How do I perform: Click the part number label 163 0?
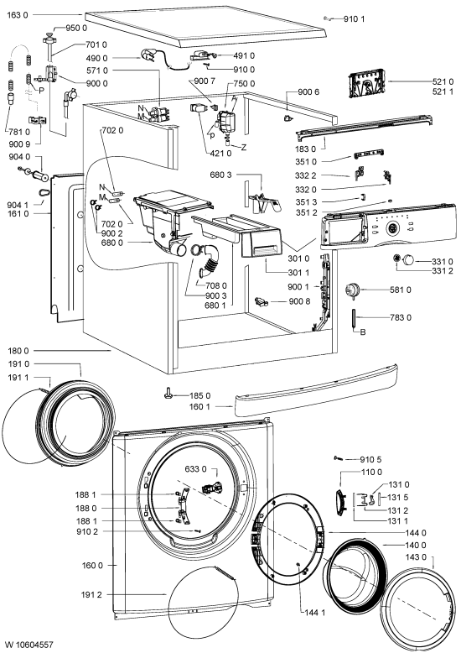[18, 15]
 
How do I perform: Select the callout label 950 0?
[76, 28]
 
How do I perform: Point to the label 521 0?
[443, 81]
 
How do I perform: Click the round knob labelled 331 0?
[408, 260]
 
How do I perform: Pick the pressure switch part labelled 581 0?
[352, 290]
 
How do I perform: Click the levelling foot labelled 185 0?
[168, 393]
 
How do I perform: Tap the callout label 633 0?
[195, 469]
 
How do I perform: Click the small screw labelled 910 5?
[339, 458]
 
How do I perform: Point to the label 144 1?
[314, 612]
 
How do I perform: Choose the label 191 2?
[91, 595]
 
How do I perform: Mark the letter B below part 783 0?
[362, 332]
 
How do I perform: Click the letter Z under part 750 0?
[243, 147]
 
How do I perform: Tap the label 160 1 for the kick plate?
[199, 406]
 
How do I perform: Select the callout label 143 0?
[416, 557]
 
